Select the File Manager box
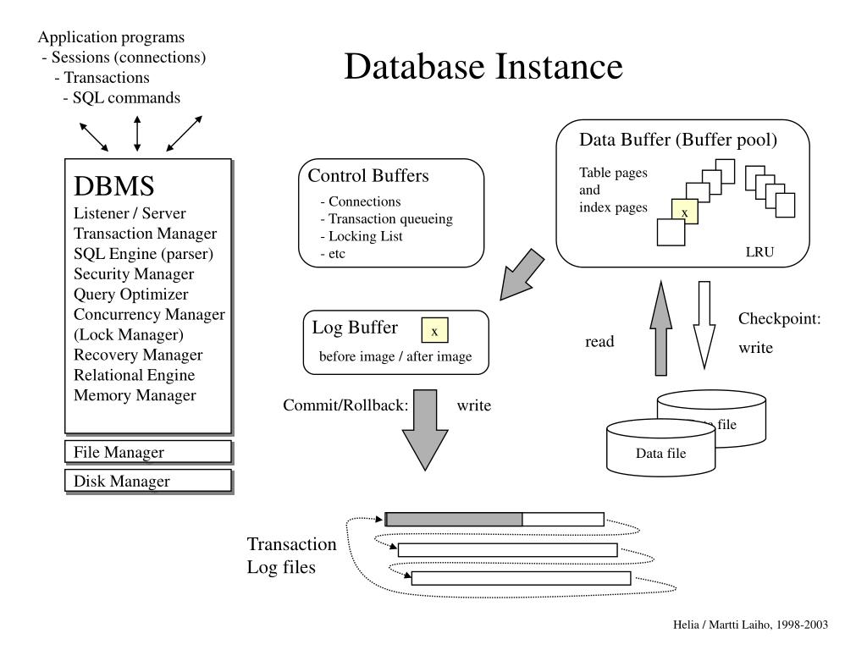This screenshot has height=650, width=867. click(x=148, y=452)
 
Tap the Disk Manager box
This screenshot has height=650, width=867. click(x=148, y=481)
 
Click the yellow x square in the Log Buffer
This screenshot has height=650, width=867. click(x=434, y=331)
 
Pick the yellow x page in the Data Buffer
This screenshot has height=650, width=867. click(x=684, y=212)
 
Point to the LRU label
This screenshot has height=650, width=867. click(x=759, y=252)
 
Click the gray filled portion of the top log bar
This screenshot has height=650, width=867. click(x=455, y=519)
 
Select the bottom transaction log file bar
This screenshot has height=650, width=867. click(x=521, y=578)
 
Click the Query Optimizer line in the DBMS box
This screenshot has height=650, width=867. click(x=131, y=295)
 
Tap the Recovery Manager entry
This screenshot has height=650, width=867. click(x=138, y=355)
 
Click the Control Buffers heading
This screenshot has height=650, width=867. click(x=368, y=176)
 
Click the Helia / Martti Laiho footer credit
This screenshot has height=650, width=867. click(x=750, y=625)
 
